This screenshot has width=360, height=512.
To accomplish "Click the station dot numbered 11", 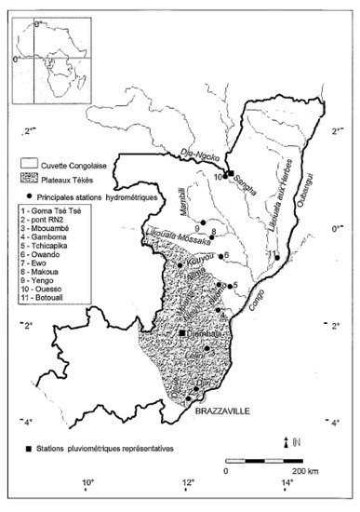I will tap(277, 258).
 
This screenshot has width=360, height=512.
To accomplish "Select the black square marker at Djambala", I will tap(181, 332).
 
